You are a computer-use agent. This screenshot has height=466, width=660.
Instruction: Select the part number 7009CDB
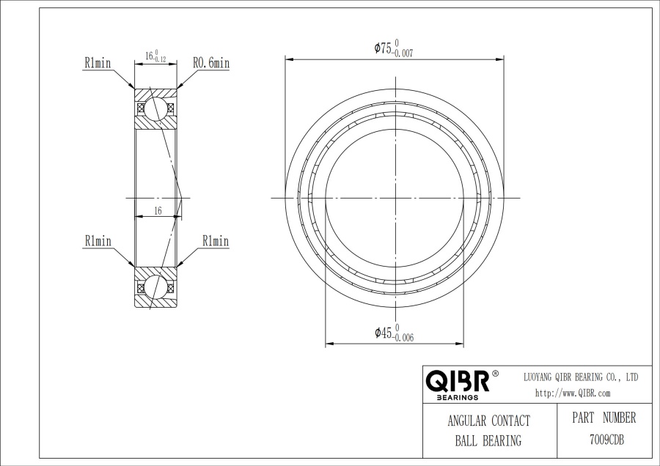[606, 440]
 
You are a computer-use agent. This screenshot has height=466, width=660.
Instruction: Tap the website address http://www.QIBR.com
[573, 393]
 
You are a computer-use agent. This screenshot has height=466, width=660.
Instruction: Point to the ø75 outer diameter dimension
[394, 48]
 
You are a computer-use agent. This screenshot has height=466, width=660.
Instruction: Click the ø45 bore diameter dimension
[394, 333]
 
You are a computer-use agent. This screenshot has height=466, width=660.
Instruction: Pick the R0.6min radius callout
[211, 63]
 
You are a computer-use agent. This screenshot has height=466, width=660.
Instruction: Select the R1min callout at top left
[98, 63]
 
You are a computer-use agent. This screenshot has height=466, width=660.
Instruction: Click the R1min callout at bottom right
[216, 241]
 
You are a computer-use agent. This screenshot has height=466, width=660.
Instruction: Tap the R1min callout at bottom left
[98, 241]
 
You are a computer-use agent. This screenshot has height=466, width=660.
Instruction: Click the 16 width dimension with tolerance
[155, 56]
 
